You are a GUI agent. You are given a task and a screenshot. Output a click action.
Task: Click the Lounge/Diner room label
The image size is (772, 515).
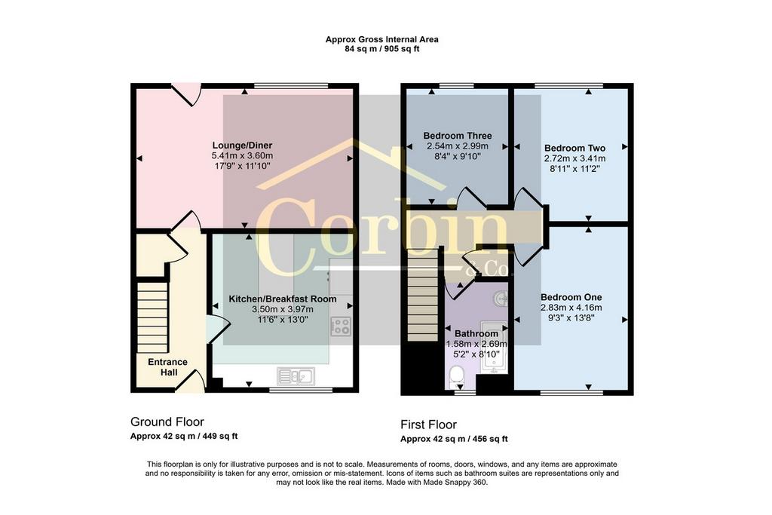click(242, 146)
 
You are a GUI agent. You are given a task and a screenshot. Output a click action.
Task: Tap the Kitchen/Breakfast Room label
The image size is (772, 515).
click(283, 299)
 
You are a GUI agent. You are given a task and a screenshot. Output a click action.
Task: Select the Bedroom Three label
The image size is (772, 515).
click(458, 136)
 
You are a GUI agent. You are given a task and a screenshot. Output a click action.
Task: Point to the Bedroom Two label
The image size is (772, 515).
click(574, 148)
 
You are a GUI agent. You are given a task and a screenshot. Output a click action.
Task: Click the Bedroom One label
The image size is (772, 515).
click(571, 297)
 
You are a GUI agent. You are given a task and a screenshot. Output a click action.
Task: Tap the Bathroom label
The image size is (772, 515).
click(476, 334)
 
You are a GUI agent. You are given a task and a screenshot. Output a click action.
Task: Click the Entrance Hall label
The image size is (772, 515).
click(168, 367)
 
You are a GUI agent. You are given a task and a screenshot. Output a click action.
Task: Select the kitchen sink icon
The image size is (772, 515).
click(296, 377)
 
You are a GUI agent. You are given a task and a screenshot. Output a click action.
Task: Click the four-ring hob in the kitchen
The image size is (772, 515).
click(342, 326)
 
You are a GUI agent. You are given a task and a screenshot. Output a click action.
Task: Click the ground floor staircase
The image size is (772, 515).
click(152, 317)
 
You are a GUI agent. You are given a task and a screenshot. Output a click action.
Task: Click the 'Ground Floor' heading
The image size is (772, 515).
click(167, 422)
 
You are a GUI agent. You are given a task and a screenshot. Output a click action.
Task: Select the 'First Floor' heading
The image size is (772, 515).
click(428, 425)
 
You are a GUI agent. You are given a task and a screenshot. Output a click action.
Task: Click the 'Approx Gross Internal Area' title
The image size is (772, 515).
click(381, 39)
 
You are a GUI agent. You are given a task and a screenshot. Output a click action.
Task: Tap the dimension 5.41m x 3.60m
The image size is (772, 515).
click(242, 155)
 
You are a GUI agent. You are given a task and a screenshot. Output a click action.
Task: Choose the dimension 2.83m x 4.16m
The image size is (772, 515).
click(571, 308)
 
